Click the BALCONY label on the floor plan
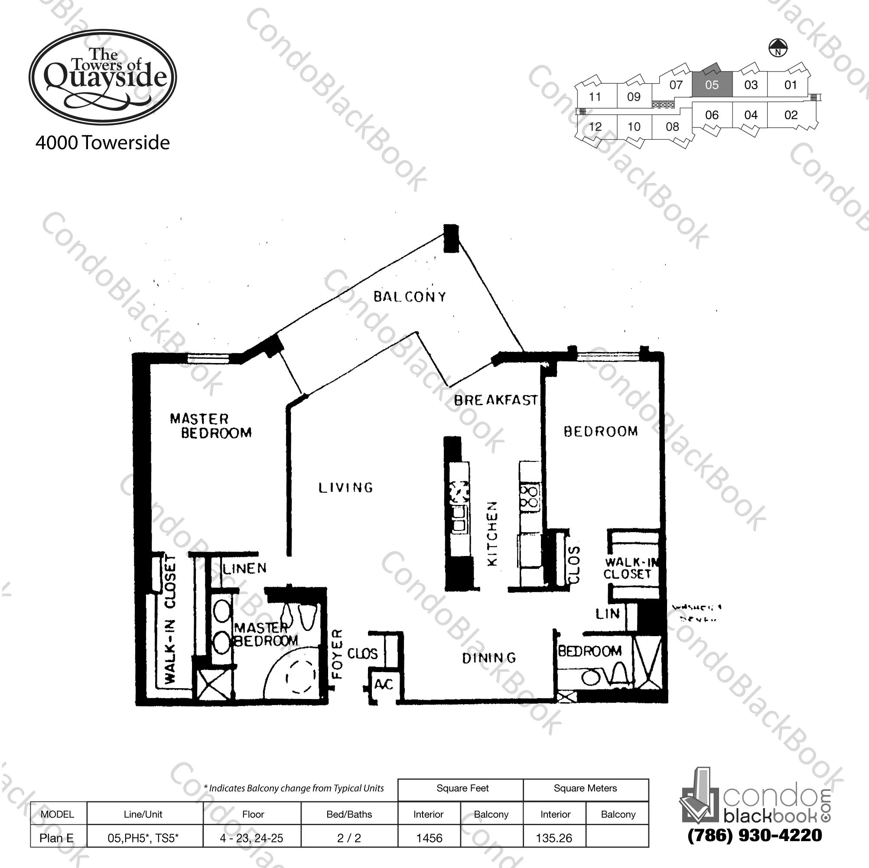[409, 296]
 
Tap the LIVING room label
[345, 488]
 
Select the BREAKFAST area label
[495, 400]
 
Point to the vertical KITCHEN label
[493, 533]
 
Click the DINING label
[489, 658]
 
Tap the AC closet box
[384, 685]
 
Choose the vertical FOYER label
[337, 654]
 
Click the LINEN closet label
[245, 569]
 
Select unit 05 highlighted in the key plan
[712, 85]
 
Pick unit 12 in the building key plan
[595, 127]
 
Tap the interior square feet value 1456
[429, 838]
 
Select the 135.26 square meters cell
[554, 838]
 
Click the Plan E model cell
[57, 838]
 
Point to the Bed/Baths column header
[349, 814]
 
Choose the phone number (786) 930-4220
[755, 835]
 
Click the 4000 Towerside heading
[103, 143]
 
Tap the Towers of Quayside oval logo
[103, 78]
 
